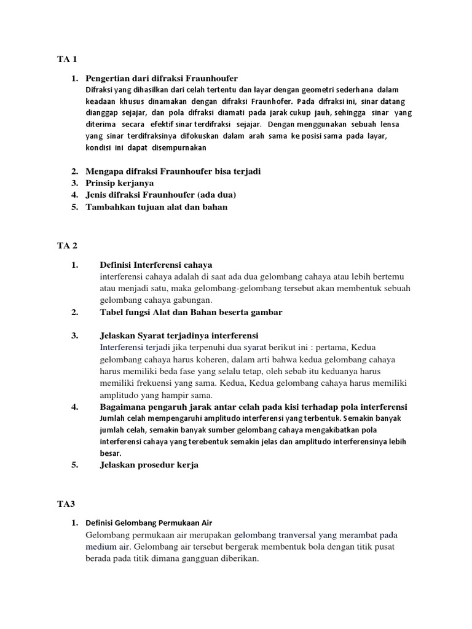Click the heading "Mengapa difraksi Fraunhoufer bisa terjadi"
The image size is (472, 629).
click(x=169, y=171)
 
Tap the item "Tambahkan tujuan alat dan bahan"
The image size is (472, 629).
click(x=156, y=207)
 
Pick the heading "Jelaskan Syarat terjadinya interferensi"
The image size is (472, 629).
click(x=179, y=335)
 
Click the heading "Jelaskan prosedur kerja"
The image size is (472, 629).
click(x=149, y=465)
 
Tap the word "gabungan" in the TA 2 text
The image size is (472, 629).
click(x=192, y=300)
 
